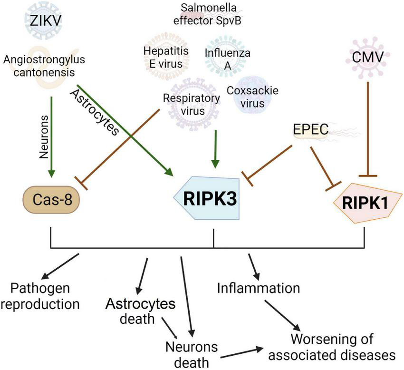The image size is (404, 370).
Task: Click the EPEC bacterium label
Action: point(309,129)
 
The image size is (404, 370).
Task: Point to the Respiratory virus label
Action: point(191,104)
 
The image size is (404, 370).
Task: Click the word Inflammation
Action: point(259,288)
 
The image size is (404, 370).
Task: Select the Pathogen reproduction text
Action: point(46,295)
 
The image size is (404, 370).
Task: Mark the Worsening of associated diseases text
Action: point(343,347)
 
